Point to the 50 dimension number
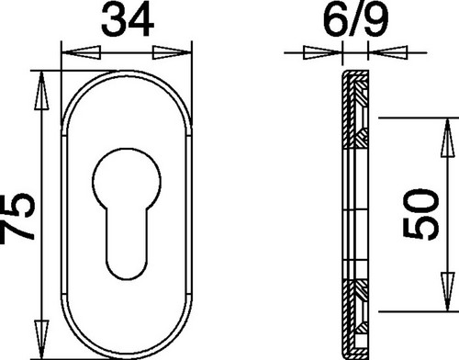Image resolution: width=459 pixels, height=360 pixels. (421, 214)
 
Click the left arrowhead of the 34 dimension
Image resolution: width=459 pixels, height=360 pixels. (81, 52)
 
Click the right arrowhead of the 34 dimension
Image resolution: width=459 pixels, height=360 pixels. (172, 52)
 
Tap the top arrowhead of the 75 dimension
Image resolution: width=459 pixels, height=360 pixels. (41, 90)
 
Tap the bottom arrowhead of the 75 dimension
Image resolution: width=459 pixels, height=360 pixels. (41, 339)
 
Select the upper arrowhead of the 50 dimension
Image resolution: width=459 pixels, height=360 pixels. (447, 138)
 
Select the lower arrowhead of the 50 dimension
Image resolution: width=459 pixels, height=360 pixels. (447, 292)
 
